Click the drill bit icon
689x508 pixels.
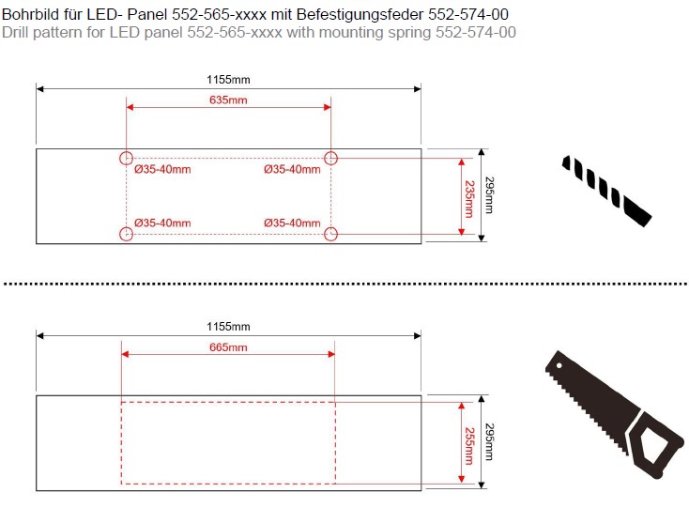[x=606, y=191]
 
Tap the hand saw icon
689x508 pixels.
[x=614, y=414]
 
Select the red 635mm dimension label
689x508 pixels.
[x=228, y=100]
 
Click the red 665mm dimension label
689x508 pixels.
[x=228, y=347]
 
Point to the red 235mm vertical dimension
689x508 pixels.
[x=469, y=199]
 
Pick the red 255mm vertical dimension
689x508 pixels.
[x=469, y=446]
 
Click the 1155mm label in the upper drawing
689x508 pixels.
[x=228, y=80]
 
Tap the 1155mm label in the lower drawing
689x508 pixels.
[x=228, y=327]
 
